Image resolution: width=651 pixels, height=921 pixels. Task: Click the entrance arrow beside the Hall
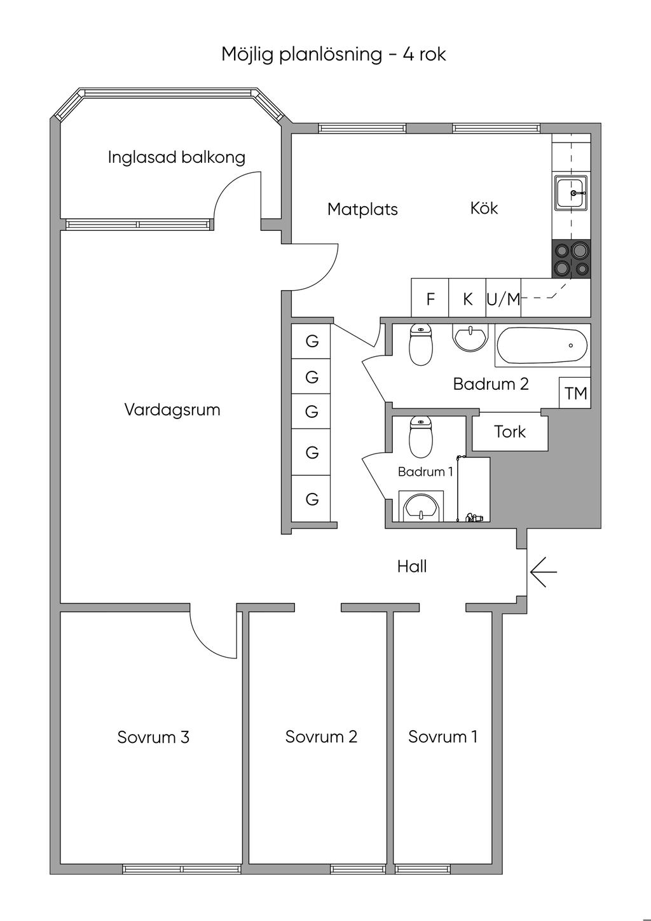click(542, 571)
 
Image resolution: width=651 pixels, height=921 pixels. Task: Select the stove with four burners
click(571, 259)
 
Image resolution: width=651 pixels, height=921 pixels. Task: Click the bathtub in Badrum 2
click(542, 345)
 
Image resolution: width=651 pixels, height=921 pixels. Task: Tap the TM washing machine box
click(575, 393)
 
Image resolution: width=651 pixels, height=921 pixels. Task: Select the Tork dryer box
click(510, 432)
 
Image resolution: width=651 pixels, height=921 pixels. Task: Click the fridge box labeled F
click(430, 298)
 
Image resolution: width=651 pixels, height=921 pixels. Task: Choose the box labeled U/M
click(504, 298)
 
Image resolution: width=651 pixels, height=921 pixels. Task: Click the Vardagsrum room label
click(172, 410)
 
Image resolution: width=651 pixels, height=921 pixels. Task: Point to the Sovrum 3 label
click(153, 737)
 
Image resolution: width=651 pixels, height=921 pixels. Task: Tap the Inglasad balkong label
click(176, 157)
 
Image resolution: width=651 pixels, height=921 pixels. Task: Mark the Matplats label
click(362, 209)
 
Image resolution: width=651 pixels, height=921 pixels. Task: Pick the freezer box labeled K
click(467, 298)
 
